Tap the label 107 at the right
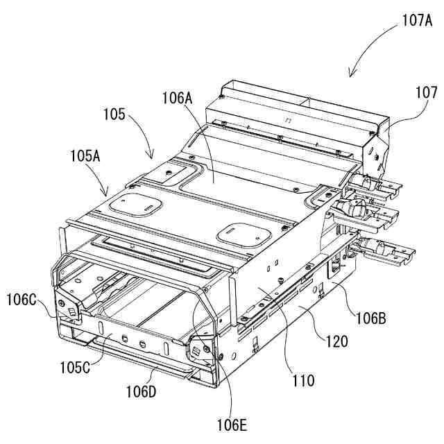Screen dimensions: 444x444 pos(427,92)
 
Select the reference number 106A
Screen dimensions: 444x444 pos(178,99)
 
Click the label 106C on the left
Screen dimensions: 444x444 pos(22,300)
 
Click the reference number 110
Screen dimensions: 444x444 pos(303,380)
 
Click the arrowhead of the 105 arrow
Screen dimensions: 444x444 pos(151,157)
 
